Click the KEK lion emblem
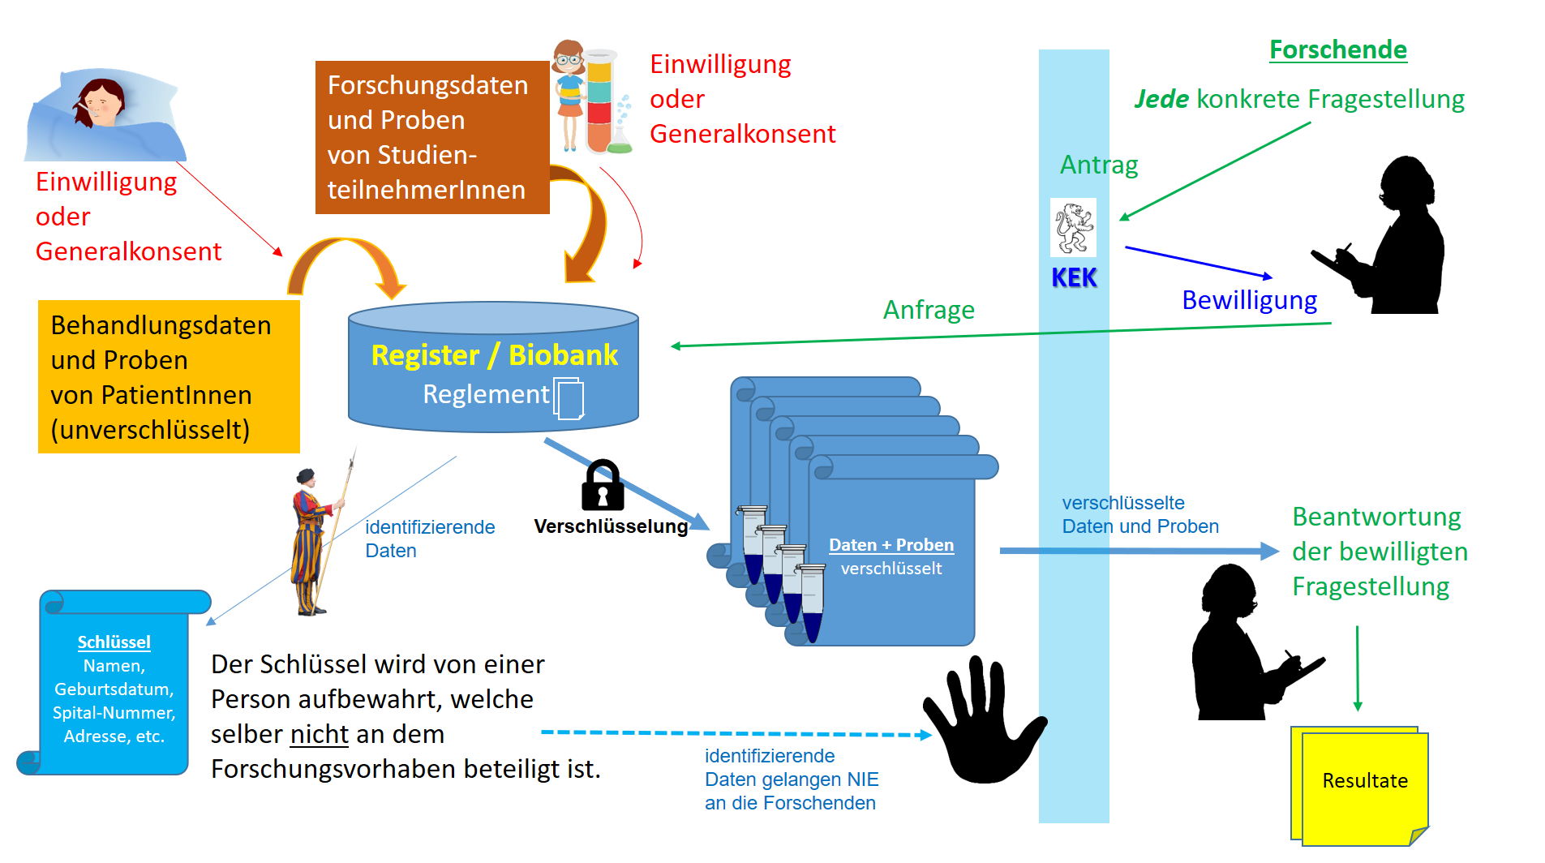(x=1073, y=228)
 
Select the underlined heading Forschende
(x=1337, y=50)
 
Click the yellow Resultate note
(x=1364, y=782)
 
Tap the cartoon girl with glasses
(x=570, y=93)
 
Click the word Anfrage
(x=929, y=310)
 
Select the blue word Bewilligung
(x=1249, y=300)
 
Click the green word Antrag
(x=1099, y=165)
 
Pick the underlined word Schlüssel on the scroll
(x=114, y=642)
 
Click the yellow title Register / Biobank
(x=494, y=355)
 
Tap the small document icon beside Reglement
(x=569, y=398)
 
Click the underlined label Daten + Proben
(x=891, y=545)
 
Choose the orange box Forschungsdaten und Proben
(x=431, y=137)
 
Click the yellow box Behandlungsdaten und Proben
(x=168, y=377)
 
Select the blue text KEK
(x=1074, y=278)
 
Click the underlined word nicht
(x=320, y=734)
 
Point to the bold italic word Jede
(x=1161, y=99)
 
